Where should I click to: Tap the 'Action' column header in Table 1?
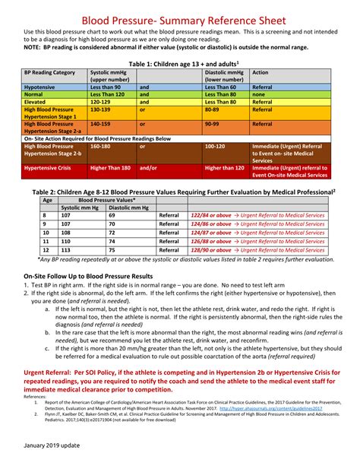[x=261, y=73]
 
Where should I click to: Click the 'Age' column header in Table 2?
[x=47, y=200]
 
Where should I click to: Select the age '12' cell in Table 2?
[x=45, y=249]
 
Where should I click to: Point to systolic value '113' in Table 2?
[x=67, y=249]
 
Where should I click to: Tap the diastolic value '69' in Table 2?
[x=112, y=215]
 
